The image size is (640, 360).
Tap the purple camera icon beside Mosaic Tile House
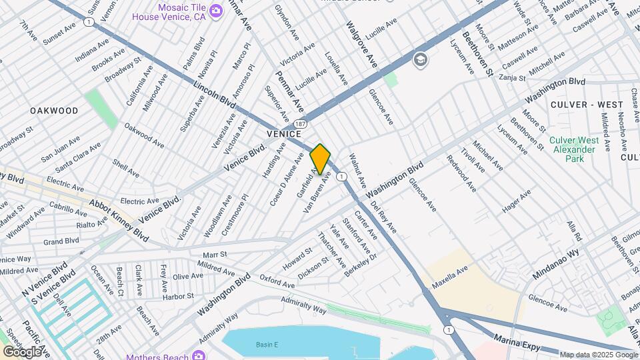coord(215,10)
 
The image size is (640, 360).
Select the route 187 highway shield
coord(301,124)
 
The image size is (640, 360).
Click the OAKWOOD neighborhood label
coord(53,111)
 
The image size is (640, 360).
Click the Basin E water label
coord(268,345)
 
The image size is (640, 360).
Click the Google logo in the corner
coord(22,351)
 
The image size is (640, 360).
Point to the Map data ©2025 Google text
coord(598,355)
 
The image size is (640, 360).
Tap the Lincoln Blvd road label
coord(215,95)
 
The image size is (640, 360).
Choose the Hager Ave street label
coord(517,201)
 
